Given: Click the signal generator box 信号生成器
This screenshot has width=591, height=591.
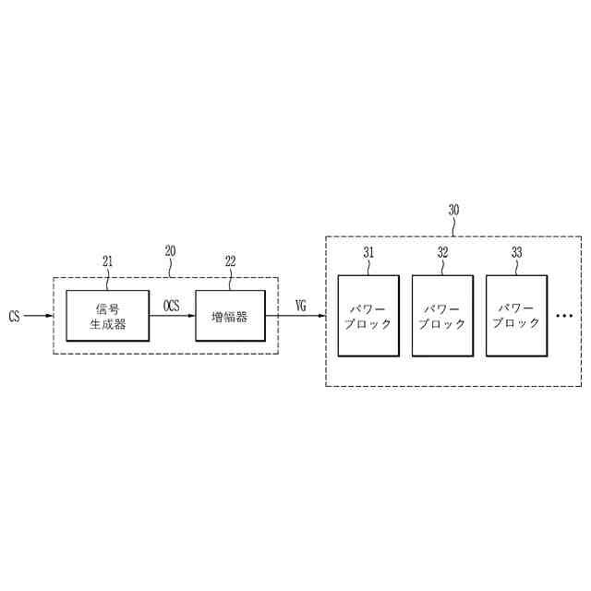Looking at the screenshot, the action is pos(108,315).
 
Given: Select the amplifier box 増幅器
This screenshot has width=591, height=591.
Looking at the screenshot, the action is pos(230,315).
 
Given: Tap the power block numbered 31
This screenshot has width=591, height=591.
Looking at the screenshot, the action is pos(368,315).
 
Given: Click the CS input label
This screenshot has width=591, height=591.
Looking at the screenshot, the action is pos(14,317).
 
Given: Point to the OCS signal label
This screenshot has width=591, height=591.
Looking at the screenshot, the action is pos(172,304).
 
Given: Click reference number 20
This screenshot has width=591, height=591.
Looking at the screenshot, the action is pos(170,250).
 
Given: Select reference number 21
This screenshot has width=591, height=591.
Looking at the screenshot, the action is pos(108,261).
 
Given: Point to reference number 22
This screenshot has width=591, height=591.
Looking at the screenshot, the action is pos(230,261).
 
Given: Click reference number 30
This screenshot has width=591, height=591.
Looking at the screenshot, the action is pos(453,210).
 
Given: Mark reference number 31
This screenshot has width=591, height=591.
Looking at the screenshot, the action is pos(368,250).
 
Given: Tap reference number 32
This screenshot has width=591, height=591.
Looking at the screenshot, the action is pos(442,250).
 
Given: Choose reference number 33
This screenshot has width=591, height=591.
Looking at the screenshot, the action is pos(516,250).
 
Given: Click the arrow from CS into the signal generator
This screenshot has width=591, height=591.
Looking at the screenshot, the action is pos(44,316).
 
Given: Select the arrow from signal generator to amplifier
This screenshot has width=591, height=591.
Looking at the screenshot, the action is pos(175,316).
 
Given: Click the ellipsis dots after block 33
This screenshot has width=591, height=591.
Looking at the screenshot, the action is pos(564,317).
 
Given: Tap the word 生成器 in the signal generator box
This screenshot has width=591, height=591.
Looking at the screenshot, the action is pos(108,324).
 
